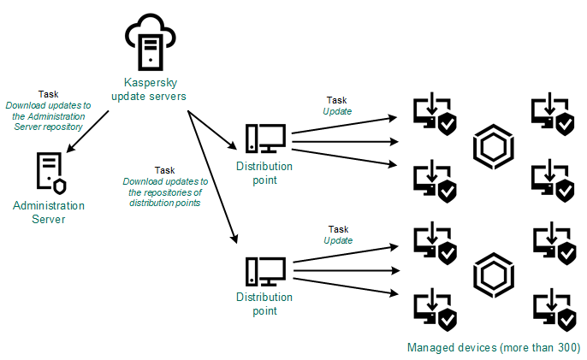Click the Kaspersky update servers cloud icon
(x=150, y=39)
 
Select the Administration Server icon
(x=48, y=174)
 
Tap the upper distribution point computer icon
(x=264, y=139)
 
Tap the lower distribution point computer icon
(x=264, y=272)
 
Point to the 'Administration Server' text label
(x=48, y=212)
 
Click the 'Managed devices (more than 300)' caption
(x=494, y=348)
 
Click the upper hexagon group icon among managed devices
(x=493, y=147)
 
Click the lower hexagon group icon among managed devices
(x=493, y=272)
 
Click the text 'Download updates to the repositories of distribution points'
(x=165, y=192)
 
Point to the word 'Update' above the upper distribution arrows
(x=337, y=111)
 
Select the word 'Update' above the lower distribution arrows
(x=337, y=240)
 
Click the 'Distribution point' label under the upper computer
(x=264, y=173)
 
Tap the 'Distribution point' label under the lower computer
(x=264, y=304)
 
